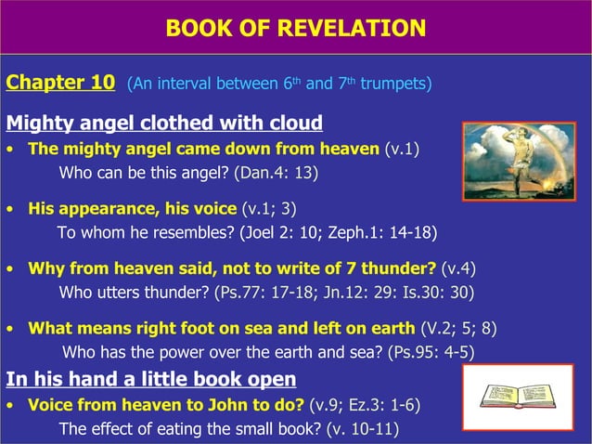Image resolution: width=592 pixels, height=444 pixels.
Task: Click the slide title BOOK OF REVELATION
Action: point(295,28)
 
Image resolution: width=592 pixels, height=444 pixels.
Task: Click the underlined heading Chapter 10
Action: point(60,83)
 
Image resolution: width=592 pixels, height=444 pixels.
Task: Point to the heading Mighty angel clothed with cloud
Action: point(164,123)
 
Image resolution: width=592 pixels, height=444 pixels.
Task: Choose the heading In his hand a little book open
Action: point(151,379)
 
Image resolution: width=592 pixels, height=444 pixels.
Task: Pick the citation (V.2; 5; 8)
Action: point(460,328)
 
